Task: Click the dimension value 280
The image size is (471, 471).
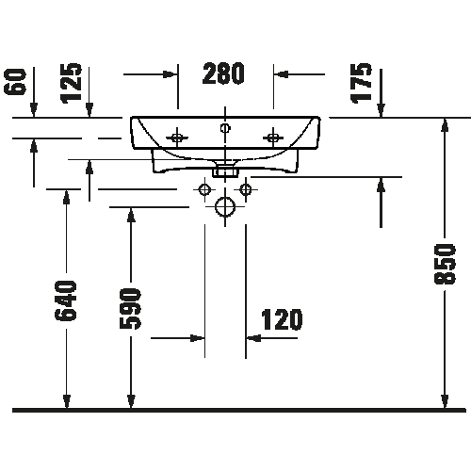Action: click(223, 73)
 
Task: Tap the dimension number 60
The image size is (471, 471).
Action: click(15, 82)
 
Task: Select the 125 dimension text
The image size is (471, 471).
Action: click(72, 83)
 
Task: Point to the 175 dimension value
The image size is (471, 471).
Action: click(361, 83)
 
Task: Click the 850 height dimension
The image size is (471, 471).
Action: click(445, 264)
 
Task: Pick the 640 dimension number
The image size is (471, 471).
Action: click(66, 300)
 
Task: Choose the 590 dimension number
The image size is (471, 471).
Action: click(130, 309)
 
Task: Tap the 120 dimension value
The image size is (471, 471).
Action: click(282, 319)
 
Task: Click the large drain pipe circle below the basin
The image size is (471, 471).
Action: click(225, 207)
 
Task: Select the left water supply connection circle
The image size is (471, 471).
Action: click(204, 189)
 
